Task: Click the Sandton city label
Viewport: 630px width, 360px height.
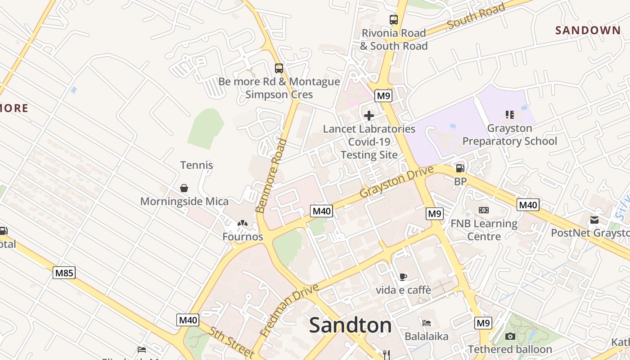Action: tap(350, 325)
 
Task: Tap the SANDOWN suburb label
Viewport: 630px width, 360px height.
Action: tap(588, 31)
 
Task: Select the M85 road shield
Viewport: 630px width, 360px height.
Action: tap(64, 272)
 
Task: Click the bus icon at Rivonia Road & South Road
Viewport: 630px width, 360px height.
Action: tap(394, 20)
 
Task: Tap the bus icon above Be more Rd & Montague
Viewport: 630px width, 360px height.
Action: tap(279, 68)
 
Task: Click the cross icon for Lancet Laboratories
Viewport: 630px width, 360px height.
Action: tap(369, 116)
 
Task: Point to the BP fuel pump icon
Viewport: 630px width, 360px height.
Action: tap(460, 168)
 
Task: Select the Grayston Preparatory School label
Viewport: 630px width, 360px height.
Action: tap(509, 135)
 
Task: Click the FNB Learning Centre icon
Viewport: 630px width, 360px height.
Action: tap(484, 210)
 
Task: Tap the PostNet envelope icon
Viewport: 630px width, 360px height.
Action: tap(594, 220)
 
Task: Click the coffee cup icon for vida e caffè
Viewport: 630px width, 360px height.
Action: tap(403, 277)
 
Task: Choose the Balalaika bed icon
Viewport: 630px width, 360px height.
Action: tap(426, 323)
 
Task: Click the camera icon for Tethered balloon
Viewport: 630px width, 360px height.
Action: tap(510, 336)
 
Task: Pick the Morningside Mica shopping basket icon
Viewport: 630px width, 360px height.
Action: tap(184, 188)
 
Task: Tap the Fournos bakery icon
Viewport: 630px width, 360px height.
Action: tap(243, 223)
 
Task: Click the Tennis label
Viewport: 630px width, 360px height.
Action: tap(197, 165)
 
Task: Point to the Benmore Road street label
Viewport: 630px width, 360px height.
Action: tap(271, 175)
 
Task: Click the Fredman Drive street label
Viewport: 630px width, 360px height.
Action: tap(289, 310)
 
